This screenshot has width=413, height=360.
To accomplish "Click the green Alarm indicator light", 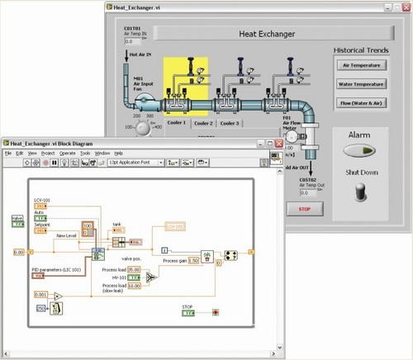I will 357,151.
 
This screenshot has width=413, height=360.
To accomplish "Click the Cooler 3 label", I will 230,123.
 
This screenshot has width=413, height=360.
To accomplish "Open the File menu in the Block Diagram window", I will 8,154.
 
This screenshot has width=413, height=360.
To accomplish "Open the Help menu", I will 118,154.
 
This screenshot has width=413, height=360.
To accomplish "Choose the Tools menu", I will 85,154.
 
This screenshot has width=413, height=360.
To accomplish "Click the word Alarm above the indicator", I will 357,135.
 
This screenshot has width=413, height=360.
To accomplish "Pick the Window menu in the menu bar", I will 102,154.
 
